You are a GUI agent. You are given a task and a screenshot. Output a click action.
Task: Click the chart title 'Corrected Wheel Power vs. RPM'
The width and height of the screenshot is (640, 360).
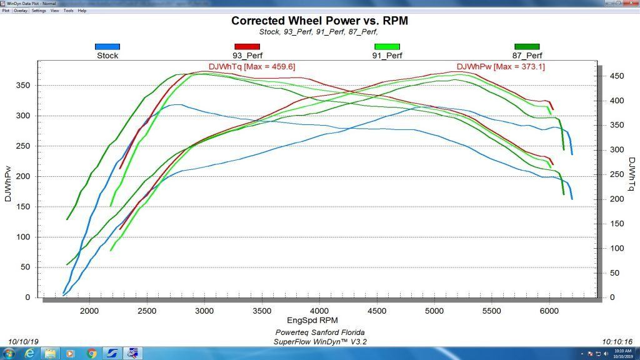coord(319,20)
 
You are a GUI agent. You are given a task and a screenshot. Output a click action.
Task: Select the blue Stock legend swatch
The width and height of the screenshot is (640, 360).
coord(107,46)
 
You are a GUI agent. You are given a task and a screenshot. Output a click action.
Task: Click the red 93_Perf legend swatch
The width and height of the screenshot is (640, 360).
coord(246,46)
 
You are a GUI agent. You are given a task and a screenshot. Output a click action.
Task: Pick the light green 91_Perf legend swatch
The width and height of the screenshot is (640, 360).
coord(387,46)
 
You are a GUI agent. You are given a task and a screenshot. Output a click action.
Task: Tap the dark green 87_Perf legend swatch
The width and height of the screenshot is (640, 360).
coord(526,46)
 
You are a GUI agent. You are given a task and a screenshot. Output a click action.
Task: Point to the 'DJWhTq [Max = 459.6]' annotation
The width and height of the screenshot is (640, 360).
coord(251,66)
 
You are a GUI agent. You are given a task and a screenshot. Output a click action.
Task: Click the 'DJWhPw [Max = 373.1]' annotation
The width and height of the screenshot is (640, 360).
coord(501,66)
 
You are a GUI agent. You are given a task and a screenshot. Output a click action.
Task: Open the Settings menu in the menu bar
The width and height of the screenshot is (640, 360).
coord(39,11)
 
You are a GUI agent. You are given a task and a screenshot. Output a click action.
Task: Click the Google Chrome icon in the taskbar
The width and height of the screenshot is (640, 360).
coord(92,353)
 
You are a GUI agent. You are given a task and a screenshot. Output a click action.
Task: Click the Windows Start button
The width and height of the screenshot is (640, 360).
coord(9,353)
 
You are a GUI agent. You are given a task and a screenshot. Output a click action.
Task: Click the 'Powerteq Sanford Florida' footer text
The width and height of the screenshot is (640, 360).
coord(319,332)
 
